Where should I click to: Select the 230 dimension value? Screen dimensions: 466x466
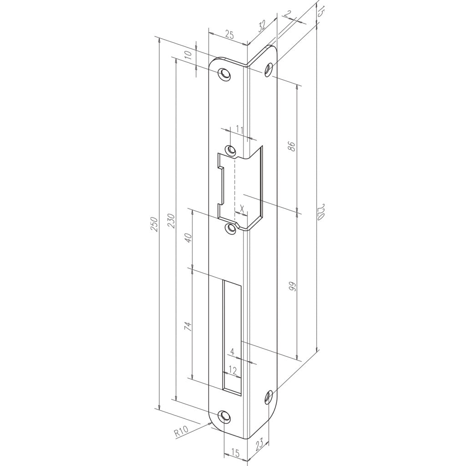[172, 221]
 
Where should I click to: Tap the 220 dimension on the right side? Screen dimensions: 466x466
[320, 212]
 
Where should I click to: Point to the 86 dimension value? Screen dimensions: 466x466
[292, 147]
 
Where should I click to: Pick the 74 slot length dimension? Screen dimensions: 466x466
[188, 326]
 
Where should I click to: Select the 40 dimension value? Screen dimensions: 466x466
[188, 238]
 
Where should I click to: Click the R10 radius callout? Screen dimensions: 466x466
[182, 431]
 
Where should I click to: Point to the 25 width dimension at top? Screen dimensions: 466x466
[229, 35]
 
